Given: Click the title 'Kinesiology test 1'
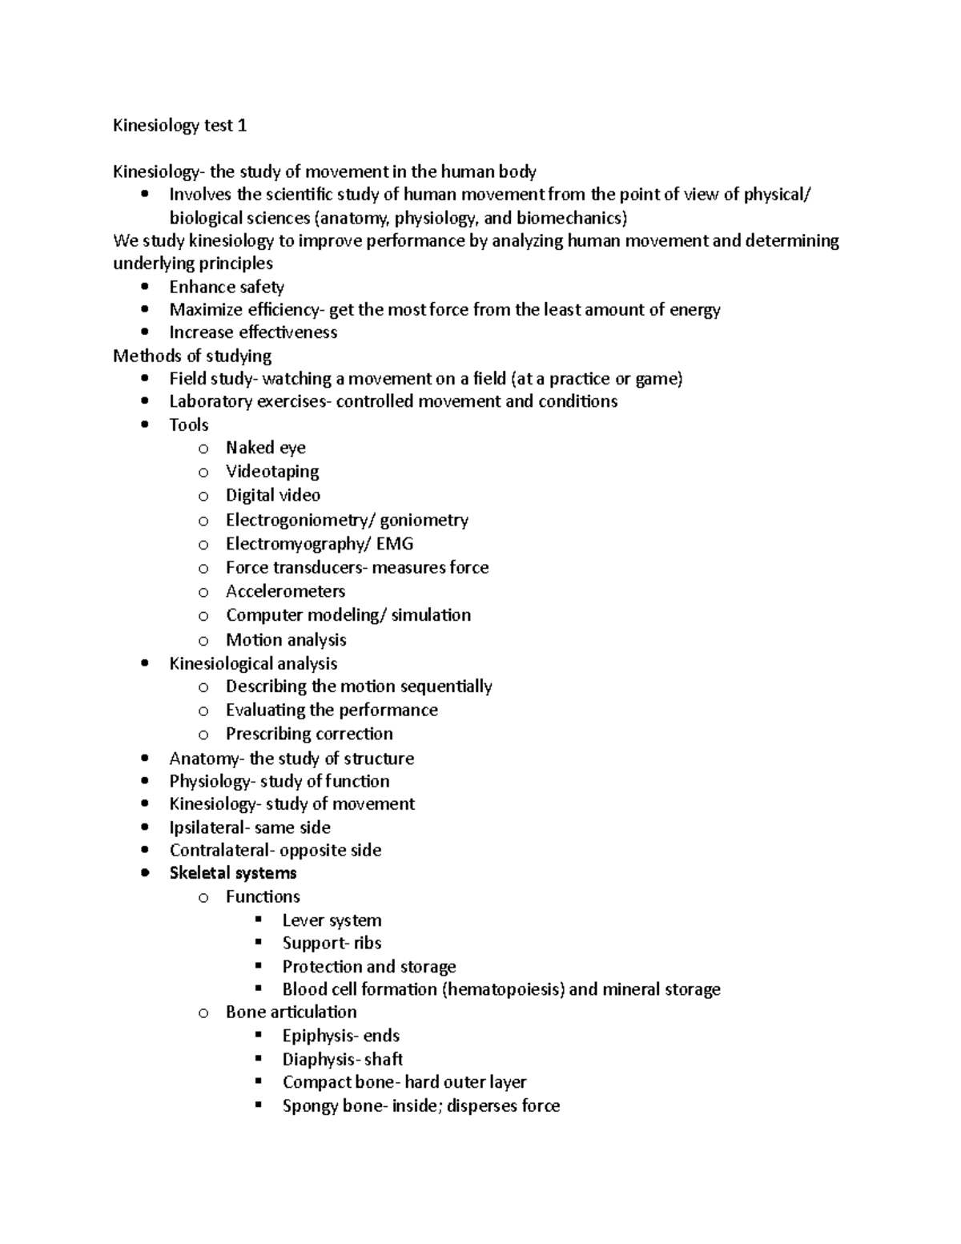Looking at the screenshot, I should tap(180, 126).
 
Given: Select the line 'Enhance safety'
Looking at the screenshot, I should tap(227, 287).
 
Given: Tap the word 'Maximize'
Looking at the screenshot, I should tap(201, 310).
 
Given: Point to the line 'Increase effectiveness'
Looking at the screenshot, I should tap(253, 332).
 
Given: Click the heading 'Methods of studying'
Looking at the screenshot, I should tap(192, 356).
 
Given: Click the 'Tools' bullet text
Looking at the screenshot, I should tap(189, 425).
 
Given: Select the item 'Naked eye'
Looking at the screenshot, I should tap(265, 448).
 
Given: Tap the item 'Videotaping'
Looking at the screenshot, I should tap(272, 471).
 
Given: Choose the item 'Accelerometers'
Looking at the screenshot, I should tap(285, 591).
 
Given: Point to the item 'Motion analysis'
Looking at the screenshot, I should tap(286, 639).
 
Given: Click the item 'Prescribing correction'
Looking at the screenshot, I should tap(309, 734).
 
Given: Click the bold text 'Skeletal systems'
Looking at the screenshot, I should tap(233, 873).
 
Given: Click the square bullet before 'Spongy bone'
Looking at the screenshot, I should tap(259, 1105).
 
